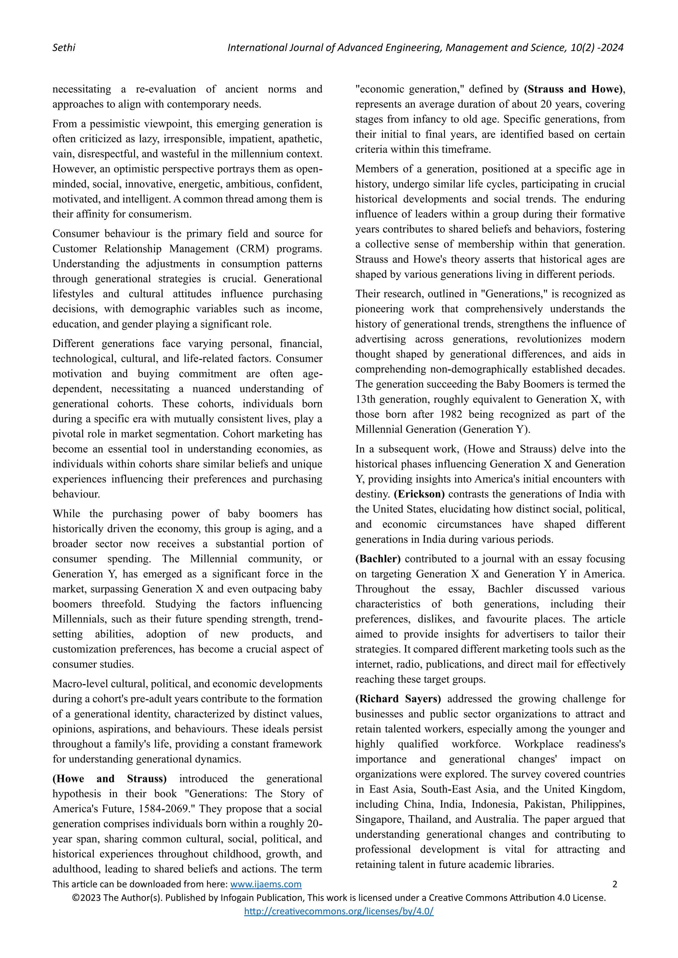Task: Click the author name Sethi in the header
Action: [x=64, y=48]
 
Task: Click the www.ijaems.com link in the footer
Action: [x=266, y=884]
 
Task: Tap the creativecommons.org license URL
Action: [x=339, y=911]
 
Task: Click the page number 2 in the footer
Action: [x=614, y=884]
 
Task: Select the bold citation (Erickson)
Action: [x=419, y=494]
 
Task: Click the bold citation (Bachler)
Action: [x=378, y=559]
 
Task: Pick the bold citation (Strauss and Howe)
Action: [x=574, y=89]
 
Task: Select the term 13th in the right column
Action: [x=366, y=399]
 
